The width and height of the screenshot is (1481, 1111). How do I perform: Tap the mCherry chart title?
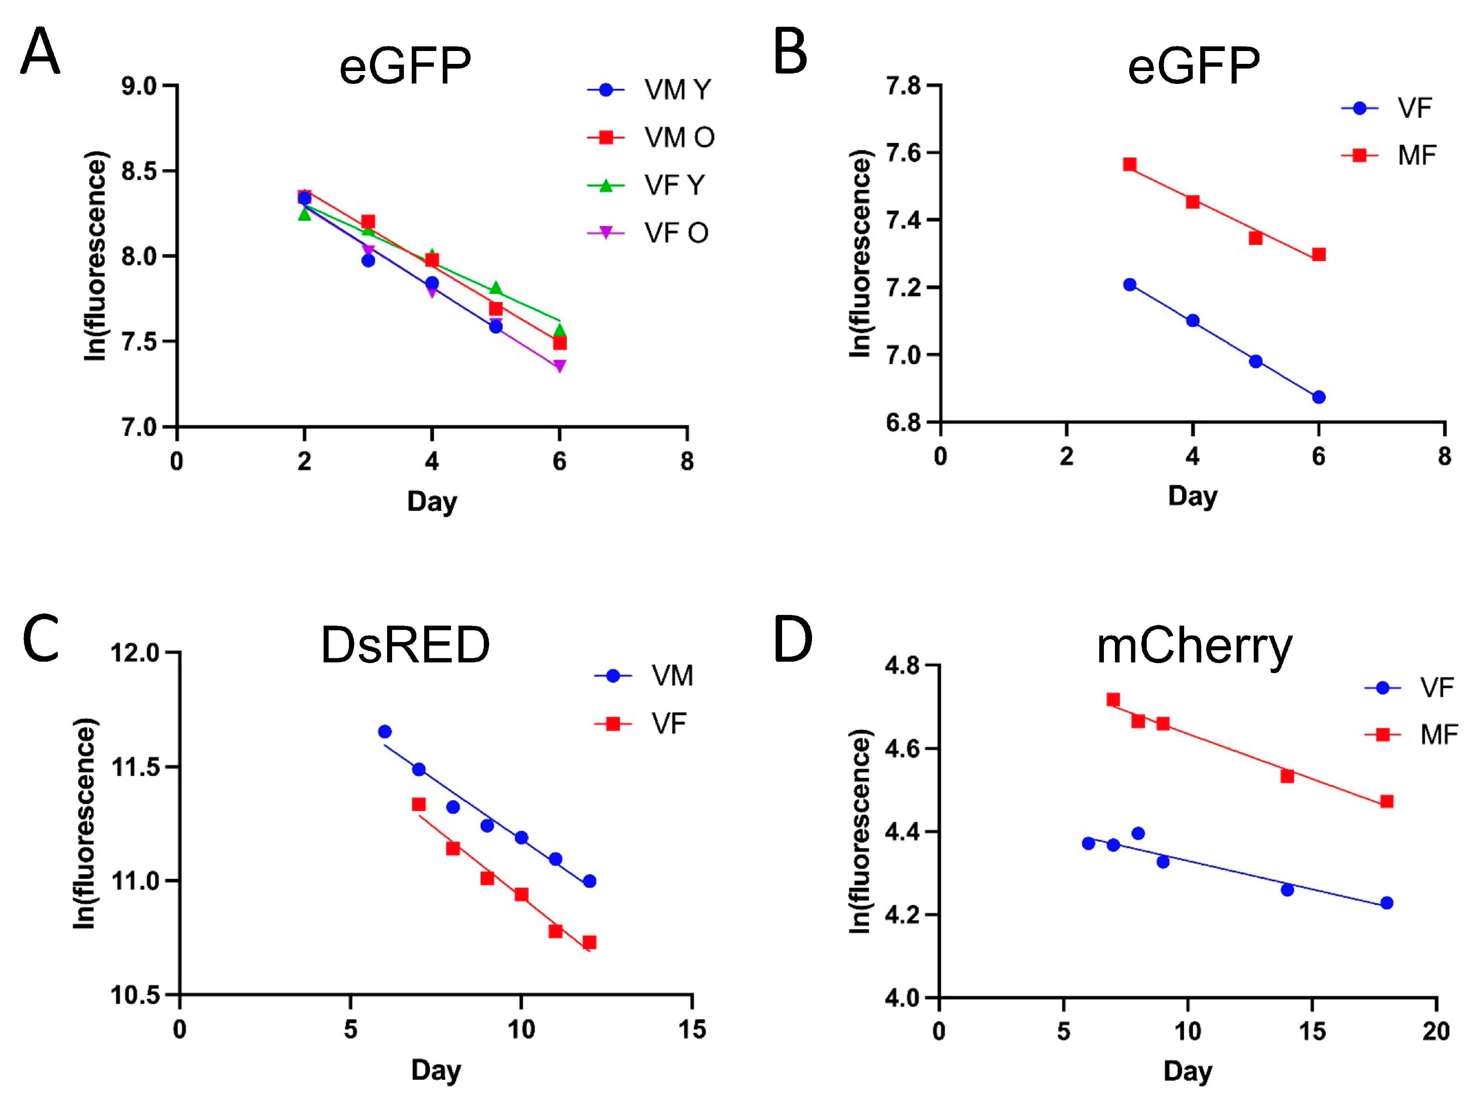[x=1194, y=647]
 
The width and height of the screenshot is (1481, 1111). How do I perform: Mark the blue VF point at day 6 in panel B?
[x=1318, y=397]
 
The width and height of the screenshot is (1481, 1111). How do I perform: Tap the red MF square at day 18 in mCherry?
[x=1386, y=802]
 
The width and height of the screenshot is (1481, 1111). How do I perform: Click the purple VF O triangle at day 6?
[x=560, y=366]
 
